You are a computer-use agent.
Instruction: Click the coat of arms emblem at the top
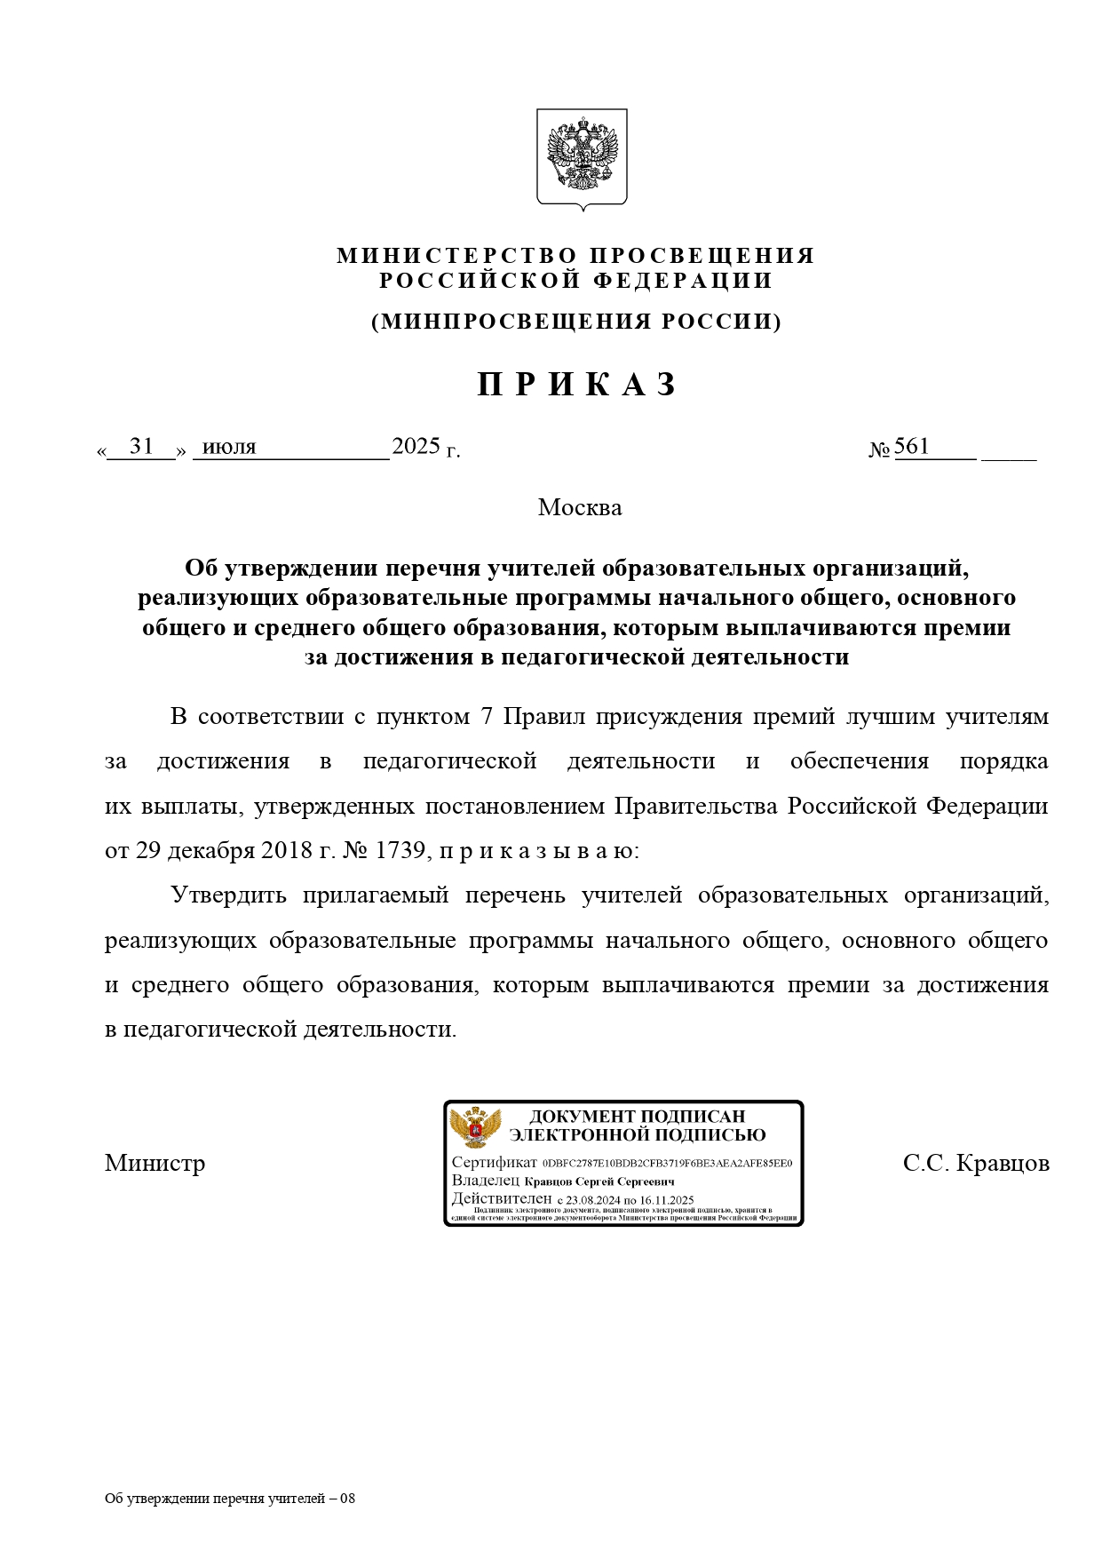pyautogui.click(x=582, y=158)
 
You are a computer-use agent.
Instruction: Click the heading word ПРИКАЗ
pyautogui.click(x=578, y=385)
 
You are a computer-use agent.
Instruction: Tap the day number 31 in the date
pyautogui.click(x=141, y=446)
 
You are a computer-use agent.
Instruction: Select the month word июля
pyautogui.click(x=229, y=447)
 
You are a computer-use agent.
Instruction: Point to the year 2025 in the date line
pyautogui.click(x=416, y=446)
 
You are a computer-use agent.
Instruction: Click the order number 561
pyautogui.click(x=911, y=446)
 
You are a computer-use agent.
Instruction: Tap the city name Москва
pyautogui.click(x=580, y=507)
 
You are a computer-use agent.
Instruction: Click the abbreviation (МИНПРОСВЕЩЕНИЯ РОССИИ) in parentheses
pyautogui.click(x=576, y=322)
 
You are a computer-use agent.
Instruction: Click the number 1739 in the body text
pyautogui.click(x=400, y=850)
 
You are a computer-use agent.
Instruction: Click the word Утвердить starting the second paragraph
pyautogui.click(x=228, y=895)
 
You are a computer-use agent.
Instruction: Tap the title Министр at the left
pyautogui.click(x=155, y=1163)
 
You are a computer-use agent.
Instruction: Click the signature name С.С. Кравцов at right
pyautogui.click(x=976, y=1163)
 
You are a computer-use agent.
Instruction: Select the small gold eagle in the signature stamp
pyautogui.click(x=475, y=1128)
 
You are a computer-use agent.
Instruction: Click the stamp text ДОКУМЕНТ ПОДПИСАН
pyautogui.click(x=637, y=1117)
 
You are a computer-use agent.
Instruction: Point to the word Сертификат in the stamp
pyautogui.click(x=494, y=1163)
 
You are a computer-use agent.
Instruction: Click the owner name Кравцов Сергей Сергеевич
pyautogui.click(x=599, y=1181)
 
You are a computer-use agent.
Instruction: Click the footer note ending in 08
pyautogui.click(x=230, y=1499)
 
